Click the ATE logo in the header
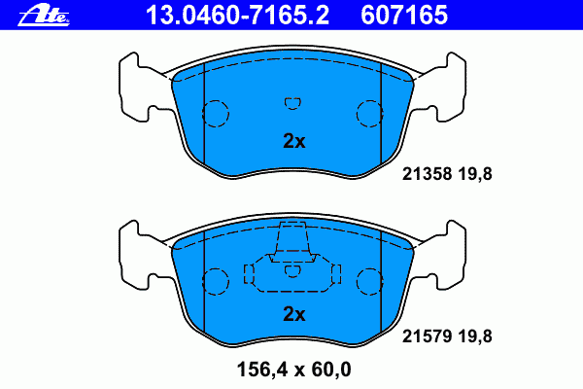44,16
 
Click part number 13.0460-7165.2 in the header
237,16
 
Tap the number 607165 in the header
404,16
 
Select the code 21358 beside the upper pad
427,174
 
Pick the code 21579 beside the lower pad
427,336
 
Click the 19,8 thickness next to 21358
475,174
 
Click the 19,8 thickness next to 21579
475,336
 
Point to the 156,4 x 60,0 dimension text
293,370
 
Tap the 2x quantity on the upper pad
294,141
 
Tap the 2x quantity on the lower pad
294,314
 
